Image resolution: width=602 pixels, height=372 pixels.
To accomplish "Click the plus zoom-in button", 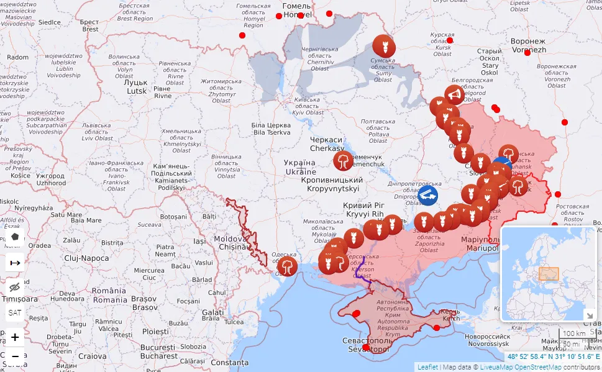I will pyautogui.click(x=15, y=337).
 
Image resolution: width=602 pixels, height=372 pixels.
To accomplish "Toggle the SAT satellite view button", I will pyautogui.click(x=15, y=312).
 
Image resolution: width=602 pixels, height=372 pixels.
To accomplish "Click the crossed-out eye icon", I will pyautogui.click(x=15, y=287).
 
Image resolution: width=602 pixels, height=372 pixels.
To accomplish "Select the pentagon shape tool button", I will pyautogui.click(x=15, y=237).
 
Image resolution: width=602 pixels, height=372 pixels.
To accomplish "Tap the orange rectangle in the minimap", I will pyautogui.click(x=548, y=274).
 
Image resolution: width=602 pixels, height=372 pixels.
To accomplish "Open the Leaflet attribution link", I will pyautogui.click(x=427, y=367).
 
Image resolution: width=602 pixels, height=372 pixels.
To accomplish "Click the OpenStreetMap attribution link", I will pyautogui.click(x=538, y=367).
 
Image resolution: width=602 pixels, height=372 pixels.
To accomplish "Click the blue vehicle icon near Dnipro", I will pyautogui.click(x=427, y=196).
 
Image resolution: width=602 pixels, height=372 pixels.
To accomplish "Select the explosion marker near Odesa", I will pyautogui.click(x=286, y=266).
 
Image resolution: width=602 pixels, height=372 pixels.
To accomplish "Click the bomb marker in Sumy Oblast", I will pyautogui.click(x=383, y=45).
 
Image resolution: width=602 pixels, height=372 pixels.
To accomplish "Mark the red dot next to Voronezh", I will pyautogui.click(x=527, y=53).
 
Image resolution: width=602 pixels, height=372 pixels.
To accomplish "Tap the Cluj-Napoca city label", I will pyautogui.click(x=86, y=258).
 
